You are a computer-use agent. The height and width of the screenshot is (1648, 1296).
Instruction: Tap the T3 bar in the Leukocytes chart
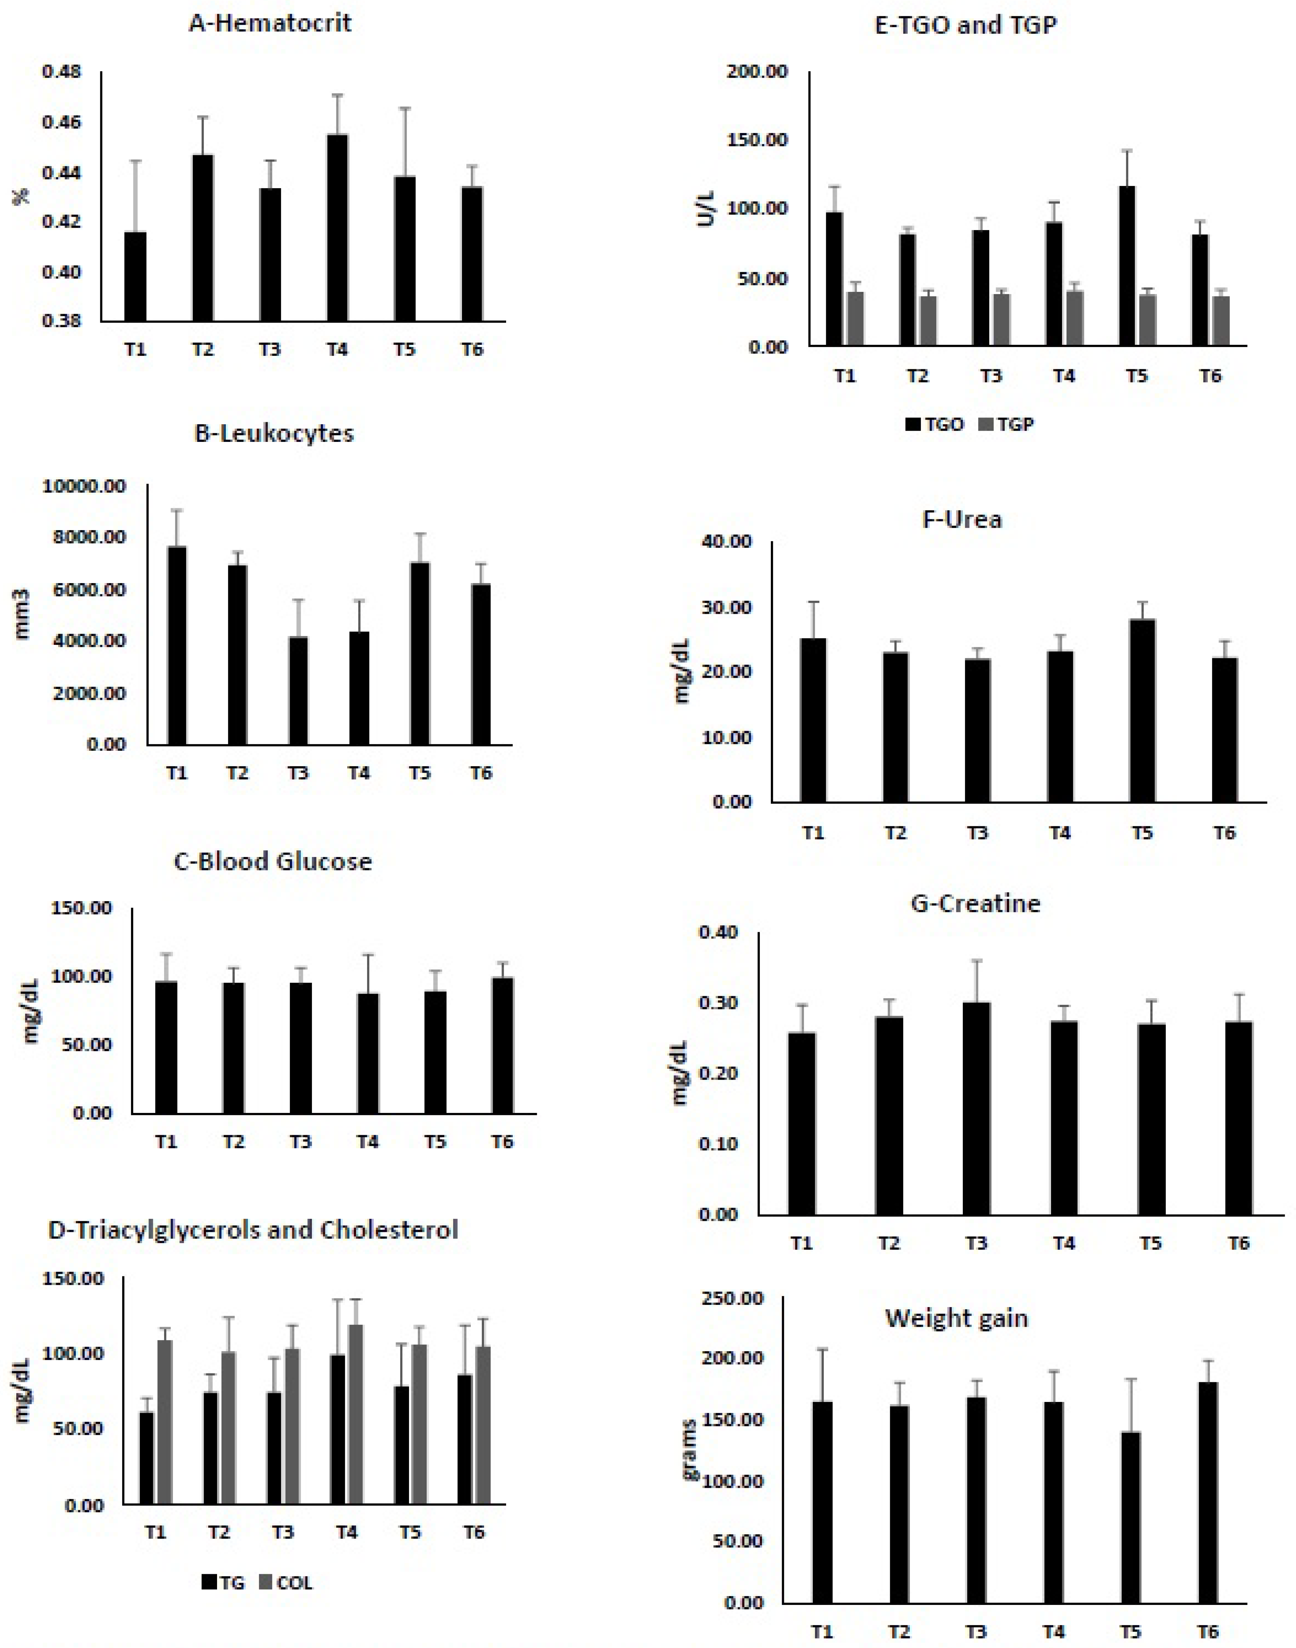(298, 690)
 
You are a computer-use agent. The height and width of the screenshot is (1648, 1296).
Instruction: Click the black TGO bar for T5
(1128, 265)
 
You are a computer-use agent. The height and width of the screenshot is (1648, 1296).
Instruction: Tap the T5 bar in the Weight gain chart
(1130, 1517)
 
